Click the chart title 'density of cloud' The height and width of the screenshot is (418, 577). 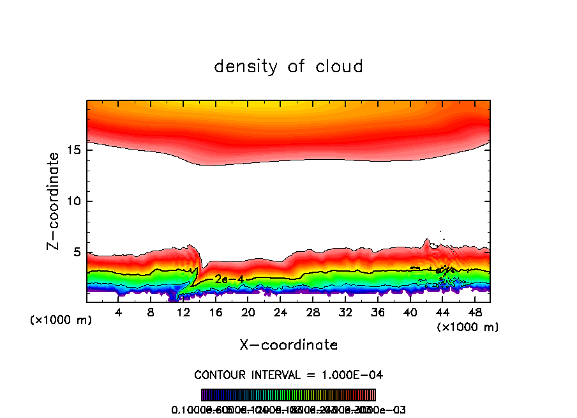(288, 66)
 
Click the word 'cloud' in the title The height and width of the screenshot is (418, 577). (339, 66)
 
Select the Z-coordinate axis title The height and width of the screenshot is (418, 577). (55, 201)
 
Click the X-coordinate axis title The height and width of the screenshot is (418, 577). (288, 345)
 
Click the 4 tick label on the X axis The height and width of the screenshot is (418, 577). (119, 313)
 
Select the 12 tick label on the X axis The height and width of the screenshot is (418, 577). (183, 313)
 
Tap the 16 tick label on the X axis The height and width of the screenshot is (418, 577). (216, 313)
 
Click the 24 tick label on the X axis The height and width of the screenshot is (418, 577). (281, 313)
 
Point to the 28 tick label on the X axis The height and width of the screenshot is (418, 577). (313, 313)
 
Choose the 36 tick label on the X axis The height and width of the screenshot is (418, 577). (378, 313)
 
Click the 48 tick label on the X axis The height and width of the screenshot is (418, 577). (475, 313)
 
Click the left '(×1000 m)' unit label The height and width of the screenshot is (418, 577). (61, 320)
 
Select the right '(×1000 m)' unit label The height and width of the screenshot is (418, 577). (468, 327)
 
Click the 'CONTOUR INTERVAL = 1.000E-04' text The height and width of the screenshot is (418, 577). (288, 375)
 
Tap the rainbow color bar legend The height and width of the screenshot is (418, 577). (288, 394)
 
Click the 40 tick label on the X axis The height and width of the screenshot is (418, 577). (410, 313)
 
